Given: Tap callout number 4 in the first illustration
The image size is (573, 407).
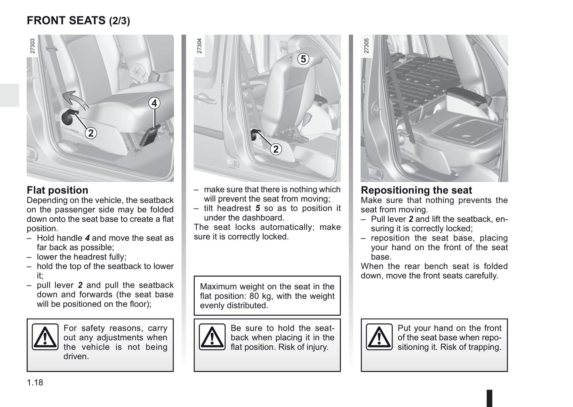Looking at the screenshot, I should (154, 104).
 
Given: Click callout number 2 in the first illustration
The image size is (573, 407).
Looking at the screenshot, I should (91, 133).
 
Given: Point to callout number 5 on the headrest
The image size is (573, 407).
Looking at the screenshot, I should (303, 59).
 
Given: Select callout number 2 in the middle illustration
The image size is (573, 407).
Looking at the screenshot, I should (276, 149).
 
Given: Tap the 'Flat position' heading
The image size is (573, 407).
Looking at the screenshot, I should (57, 190).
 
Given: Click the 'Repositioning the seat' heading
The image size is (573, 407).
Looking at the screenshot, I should (416, 190).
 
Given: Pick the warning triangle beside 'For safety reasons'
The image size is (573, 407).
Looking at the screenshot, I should (45, 337).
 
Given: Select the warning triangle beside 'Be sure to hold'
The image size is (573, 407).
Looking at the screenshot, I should (212, 337).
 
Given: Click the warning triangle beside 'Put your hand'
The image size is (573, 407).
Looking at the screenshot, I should (379, 337).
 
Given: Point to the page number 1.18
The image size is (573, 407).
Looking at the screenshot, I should (35, 382).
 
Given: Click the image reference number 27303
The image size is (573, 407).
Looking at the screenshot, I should (33, 46).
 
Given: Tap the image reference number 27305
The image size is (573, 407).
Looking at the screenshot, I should (366, 46).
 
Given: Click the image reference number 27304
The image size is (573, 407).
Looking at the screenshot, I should (199, 46).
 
